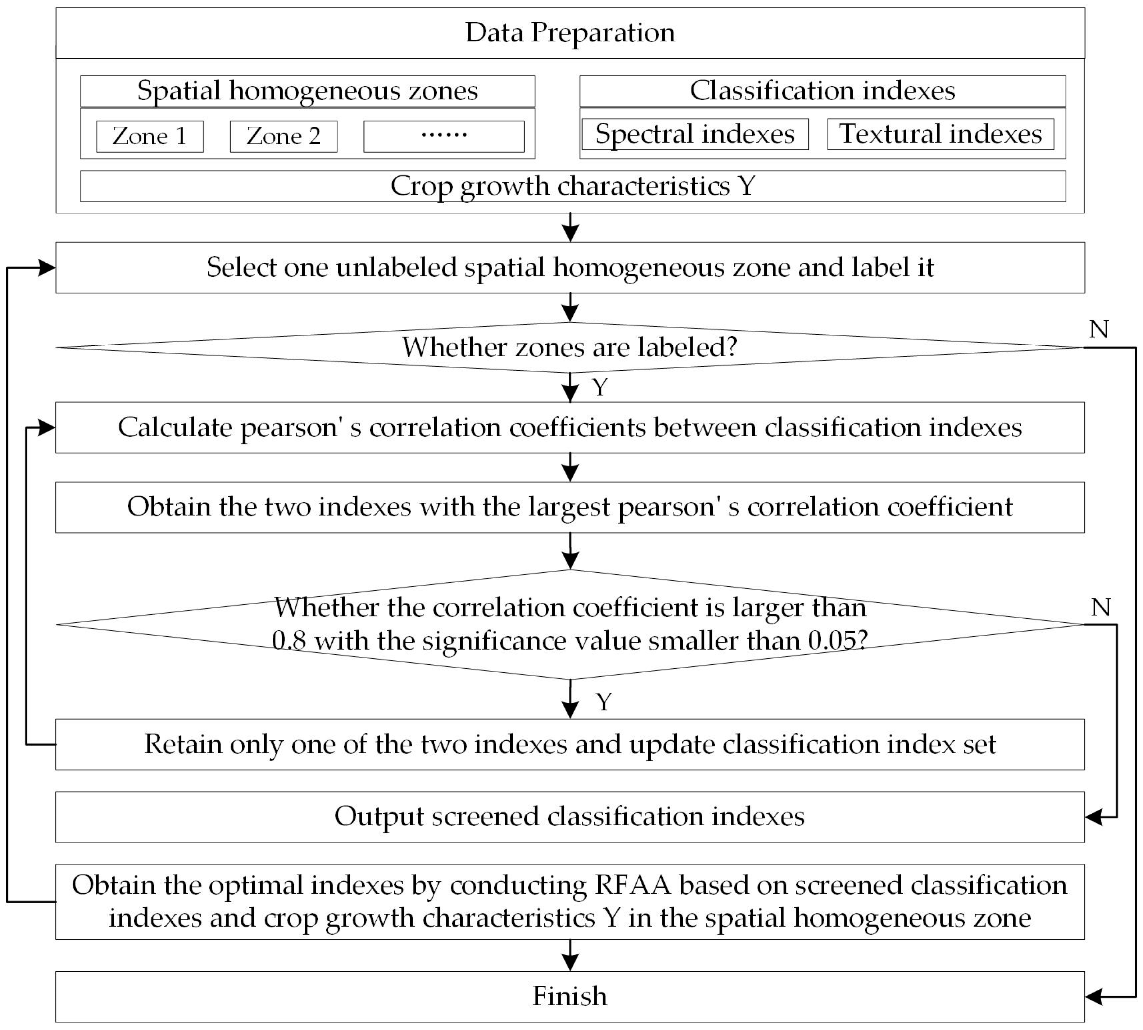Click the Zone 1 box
(150, 136)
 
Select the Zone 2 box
(284, 136)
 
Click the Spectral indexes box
(695, 134)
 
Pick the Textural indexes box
(940, 134)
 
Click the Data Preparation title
(570, 33)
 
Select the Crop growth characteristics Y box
(573, 186)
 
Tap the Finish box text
(570, 997)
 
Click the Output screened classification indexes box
(570, 817)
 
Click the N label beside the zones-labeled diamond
(1099, 329)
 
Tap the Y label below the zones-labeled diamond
(600, 388)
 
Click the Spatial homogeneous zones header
(307, 91)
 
